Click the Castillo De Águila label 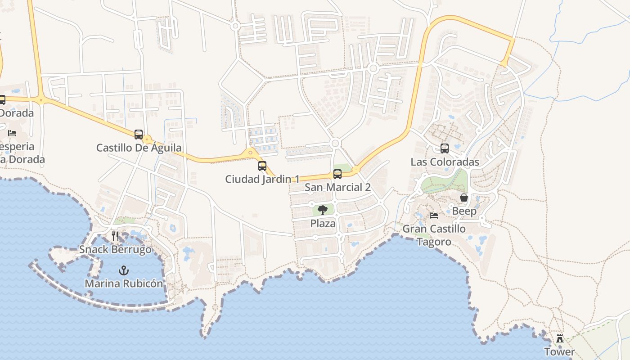tap(139, 148)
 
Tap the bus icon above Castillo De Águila tap(139, 134)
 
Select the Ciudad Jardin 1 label tap(262, 179)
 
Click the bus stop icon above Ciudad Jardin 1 tap(262, 166)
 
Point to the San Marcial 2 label tap(337, 187)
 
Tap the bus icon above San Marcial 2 tap(337, 174)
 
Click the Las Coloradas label tap(445, 162)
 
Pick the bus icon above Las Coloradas tap(445, 148)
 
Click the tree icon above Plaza tap(323, 210)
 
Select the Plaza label tap(323, 223)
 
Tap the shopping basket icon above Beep tap(464, 198)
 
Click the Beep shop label tap(464, 211)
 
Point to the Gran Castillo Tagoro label tap(434, 235)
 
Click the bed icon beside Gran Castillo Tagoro tap(434, 216)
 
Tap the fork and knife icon tap(115, 236)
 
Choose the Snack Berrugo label tap(115, 249)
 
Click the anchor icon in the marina tap(123, 270)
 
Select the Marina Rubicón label tap(124, 284)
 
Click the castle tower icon tap(560, 338)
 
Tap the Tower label tap(560, 351)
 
